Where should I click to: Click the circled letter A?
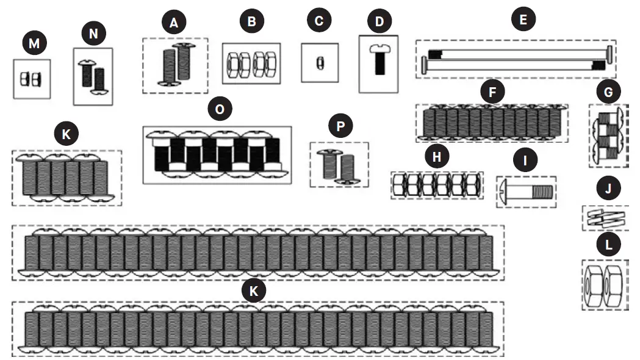pyautogui.click(x=174, y=23)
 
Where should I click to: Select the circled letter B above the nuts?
pyautogui.click(x=251, y=23)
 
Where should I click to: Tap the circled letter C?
pyautogui.click(x=318, y=21)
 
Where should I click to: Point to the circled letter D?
pyautogui.click(x=379, y=21)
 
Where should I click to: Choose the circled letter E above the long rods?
pyautogui.click(x=522, y=20)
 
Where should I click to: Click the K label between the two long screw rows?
pyautogui.click(x=254, y=290)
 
